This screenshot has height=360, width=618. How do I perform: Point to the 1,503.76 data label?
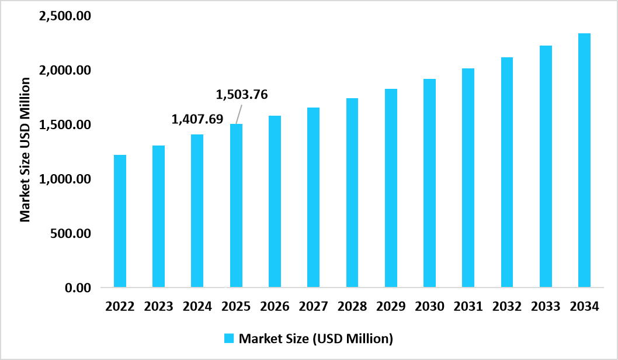click(x=242, y=94)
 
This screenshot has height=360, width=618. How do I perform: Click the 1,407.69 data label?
click(x=197, y=119)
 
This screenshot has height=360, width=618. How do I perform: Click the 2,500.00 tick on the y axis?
click(x=64, y=16)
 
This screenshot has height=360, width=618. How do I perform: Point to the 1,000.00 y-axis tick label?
click(x=64, y=179)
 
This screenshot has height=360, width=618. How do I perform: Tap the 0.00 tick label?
click(x=78, y=288)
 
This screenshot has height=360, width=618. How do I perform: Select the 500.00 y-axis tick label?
click(x=70, y=233)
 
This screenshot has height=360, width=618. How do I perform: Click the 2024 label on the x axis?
click(x=197, y=306)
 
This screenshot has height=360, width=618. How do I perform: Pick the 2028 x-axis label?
click(x=352, y=306)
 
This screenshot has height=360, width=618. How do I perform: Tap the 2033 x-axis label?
click(x=546, y=306)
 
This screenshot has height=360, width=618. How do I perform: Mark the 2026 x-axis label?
click(x=275, y=306)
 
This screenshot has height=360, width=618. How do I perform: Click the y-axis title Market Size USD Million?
click(x=25, y=149)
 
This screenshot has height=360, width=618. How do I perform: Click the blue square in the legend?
click(x=230, y=338)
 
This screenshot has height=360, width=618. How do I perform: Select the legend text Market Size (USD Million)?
click(x=316, y=338)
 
